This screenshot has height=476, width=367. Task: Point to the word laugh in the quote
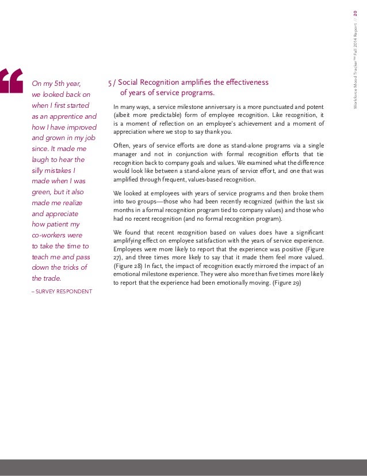tap(41, 160)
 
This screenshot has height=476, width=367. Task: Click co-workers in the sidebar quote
tap(50, 235)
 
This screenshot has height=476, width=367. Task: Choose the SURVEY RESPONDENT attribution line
tap(62, 291)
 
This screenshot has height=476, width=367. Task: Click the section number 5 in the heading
tap(110, 83)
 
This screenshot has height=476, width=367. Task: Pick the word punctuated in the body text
tap(286, 107)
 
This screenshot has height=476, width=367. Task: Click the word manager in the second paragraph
tap(127, 156)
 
